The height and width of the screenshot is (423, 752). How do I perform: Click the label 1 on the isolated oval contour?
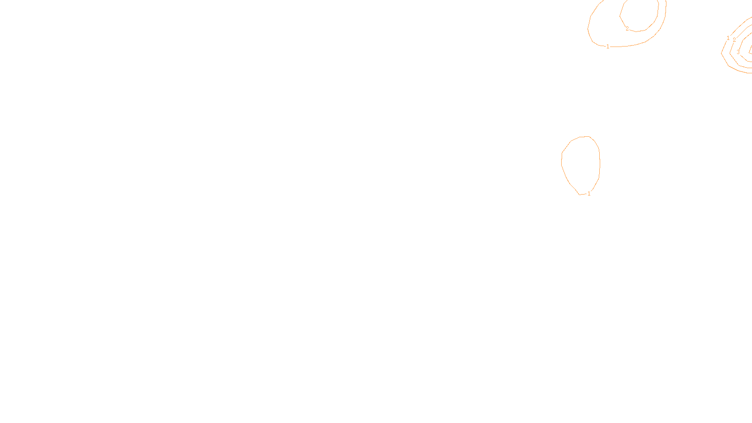pos(589,194)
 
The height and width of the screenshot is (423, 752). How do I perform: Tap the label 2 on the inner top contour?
pos(627,29)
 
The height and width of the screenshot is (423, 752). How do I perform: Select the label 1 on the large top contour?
pos(608,47)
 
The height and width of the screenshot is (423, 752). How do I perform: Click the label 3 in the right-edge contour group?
pos(738,53)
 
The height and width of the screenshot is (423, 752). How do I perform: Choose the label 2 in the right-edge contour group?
pos(734,40)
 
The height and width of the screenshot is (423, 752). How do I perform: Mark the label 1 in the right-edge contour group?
pos(728,38)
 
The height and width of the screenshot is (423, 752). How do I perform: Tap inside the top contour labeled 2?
pos(639,14)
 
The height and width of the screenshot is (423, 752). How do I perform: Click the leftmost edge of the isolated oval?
pos(562,160)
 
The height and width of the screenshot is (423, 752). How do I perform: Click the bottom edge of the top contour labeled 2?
pos(637,31)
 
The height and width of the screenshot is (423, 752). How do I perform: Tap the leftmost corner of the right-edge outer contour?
pos(721,53)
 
